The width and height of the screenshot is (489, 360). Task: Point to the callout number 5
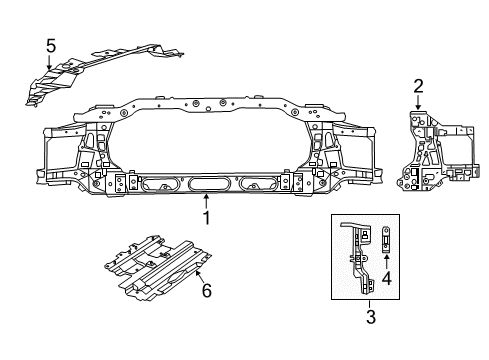click(50, 44)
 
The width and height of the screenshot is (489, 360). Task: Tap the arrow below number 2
click(419, 101)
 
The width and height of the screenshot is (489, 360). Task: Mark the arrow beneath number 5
click(50, 62)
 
